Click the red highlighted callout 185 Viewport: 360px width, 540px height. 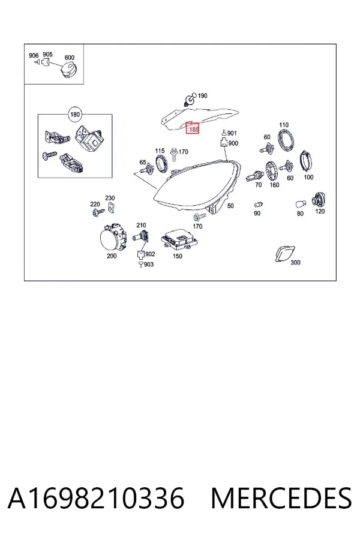193,128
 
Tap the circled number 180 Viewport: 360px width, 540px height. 75,115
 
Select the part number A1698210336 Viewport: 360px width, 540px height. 96,498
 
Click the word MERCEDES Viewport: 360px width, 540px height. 281,498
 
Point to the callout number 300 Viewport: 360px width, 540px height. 295,262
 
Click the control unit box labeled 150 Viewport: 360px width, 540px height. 179,239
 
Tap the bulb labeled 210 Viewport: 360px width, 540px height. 141,237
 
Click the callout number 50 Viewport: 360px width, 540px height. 230,206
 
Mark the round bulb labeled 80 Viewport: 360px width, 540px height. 301,205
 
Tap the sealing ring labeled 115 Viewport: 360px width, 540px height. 162,163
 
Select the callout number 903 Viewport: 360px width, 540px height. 149,265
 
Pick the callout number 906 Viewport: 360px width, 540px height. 34,55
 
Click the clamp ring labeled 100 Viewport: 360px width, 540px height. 306,161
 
